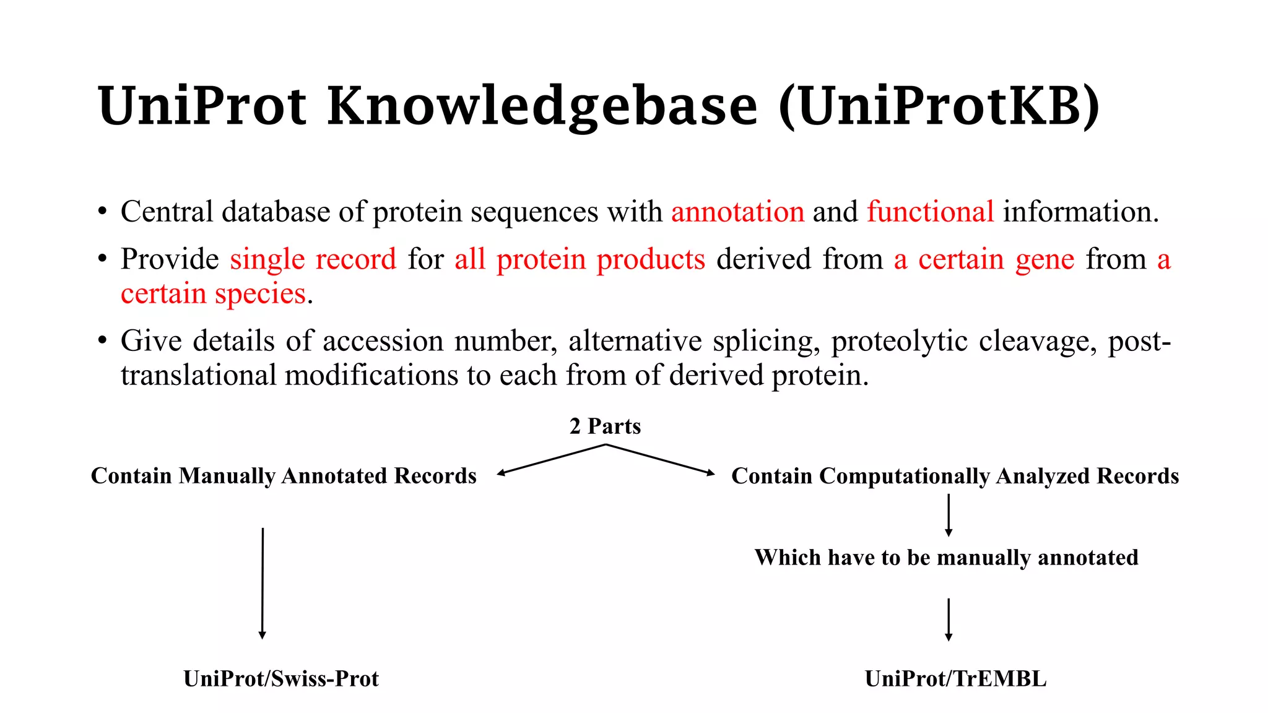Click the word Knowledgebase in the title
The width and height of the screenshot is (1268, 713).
[542, 106]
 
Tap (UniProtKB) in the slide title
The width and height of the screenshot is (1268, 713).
[939, 106]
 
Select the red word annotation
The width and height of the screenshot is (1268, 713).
[737, 212]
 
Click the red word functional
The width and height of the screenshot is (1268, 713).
[930, 212]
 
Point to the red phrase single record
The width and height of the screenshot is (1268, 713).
[313, 259]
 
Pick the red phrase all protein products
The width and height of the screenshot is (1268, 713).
[580, 259]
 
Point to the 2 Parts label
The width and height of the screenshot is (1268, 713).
[605, 426]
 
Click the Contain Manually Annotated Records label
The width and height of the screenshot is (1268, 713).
[284, 476]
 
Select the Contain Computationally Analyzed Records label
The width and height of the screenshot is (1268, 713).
[955, 476]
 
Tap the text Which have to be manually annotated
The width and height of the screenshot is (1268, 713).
[946, 558]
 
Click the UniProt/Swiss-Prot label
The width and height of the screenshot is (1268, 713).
[281, 679]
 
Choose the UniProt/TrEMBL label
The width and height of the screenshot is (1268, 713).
[955, 679]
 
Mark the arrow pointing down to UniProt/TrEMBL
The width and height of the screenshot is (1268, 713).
[949, 619]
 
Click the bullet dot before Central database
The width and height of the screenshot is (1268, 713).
[102, 212]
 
